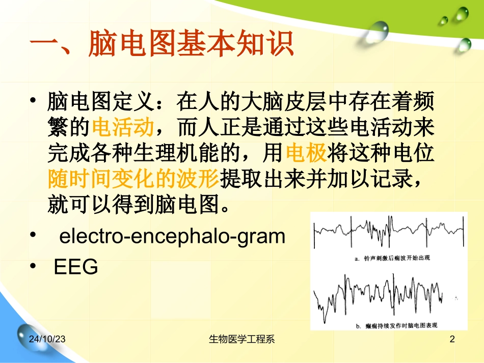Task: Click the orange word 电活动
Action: (123, 128)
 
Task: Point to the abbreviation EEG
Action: (76, 267)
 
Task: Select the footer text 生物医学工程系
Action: (242, 340)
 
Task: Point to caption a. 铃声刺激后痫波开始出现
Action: (392, 258)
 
